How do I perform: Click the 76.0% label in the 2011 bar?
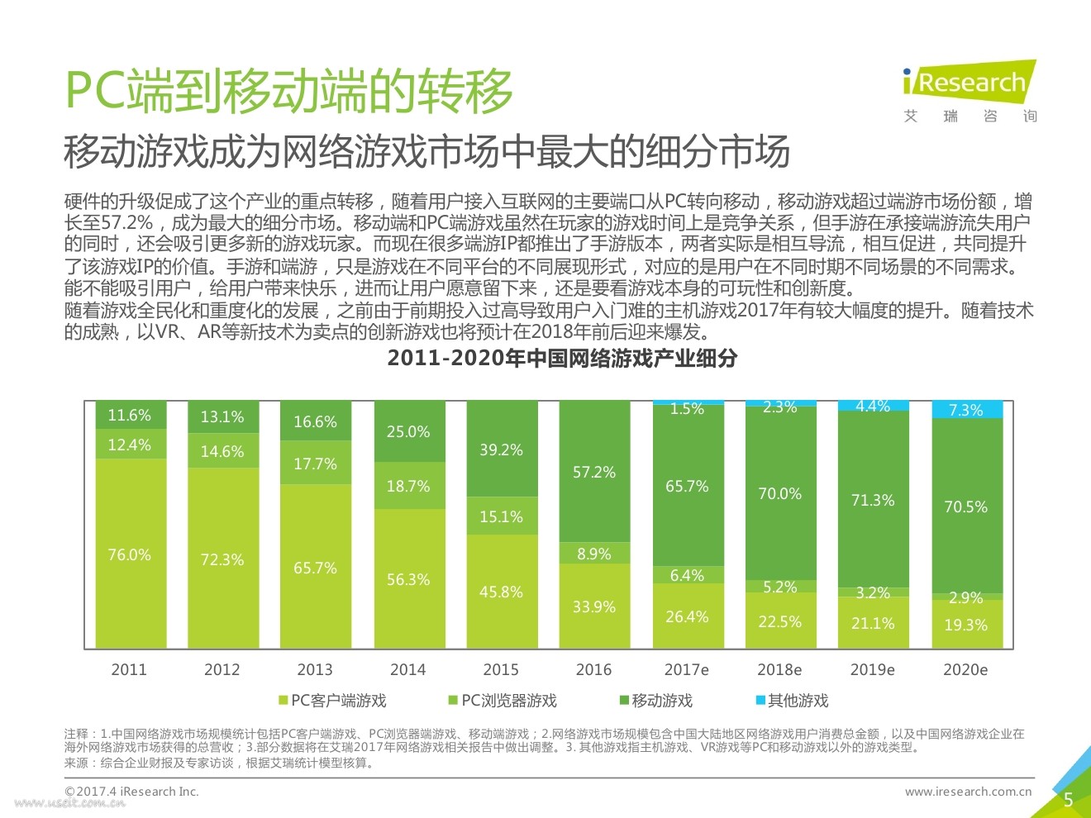[x=130, y=555]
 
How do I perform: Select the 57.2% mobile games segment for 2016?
[x=594, y=472]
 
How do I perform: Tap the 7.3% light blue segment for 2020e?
[x=966, y=410]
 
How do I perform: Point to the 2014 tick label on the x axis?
[x=408, y=669]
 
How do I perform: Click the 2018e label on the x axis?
[x=779, y=669]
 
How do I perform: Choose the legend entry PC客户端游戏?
[x=332, y=701]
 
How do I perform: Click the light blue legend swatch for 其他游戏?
[x=760, y=701]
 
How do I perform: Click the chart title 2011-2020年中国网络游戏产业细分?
[x=562, y=359]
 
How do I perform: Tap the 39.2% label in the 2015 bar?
[x=501, y=450]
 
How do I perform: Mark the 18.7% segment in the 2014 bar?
[x=408, y=486]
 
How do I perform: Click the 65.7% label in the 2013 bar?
[x=315, y=568]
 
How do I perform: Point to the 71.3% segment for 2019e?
[x=873, y=500]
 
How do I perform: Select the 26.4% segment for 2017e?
[x=687, y=616]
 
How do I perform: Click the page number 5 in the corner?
[x=1068, y=799]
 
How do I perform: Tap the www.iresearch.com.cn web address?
[x=968, y=792]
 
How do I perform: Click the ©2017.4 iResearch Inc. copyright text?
[x=132, y=792]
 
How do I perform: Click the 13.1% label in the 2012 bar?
[x=222, y=417]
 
